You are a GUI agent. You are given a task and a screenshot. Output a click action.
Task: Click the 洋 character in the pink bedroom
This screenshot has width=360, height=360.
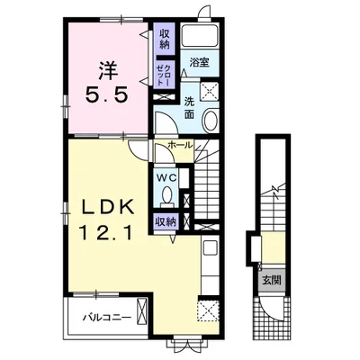coord(108,71)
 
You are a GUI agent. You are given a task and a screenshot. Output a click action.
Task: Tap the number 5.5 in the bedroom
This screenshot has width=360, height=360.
coord(107,94)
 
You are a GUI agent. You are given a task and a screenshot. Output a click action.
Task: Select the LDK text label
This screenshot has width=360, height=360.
coord(107,208)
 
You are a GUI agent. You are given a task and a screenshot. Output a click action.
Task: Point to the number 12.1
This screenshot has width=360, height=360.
coord(105,232)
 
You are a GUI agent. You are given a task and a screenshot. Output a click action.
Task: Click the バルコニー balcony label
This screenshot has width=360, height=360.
coord(107,317)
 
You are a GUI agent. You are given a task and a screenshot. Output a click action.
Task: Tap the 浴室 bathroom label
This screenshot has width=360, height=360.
coord(199,62)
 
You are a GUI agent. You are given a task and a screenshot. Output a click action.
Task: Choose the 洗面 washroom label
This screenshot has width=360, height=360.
coord(189,108)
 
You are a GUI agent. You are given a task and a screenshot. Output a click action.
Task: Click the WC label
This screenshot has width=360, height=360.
coord(166,177)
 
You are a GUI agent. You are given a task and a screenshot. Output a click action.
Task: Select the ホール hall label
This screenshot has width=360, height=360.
coord(179,146)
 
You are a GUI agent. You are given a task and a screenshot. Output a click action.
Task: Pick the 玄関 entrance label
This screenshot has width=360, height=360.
coord(272,280)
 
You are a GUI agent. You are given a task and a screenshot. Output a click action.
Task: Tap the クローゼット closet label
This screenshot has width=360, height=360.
coord(165,74)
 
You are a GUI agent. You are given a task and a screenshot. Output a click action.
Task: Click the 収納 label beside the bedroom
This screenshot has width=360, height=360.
coord(164,39)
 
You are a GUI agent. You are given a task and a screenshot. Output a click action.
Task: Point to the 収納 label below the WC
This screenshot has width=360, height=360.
coord(165,222)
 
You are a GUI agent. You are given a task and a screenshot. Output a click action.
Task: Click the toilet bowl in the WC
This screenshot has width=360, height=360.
coord(166,195)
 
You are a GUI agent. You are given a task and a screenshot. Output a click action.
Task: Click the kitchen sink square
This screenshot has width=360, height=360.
coord(211,247)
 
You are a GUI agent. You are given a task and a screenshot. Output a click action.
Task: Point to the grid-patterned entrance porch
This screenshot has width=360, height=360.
coord(272,318)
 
